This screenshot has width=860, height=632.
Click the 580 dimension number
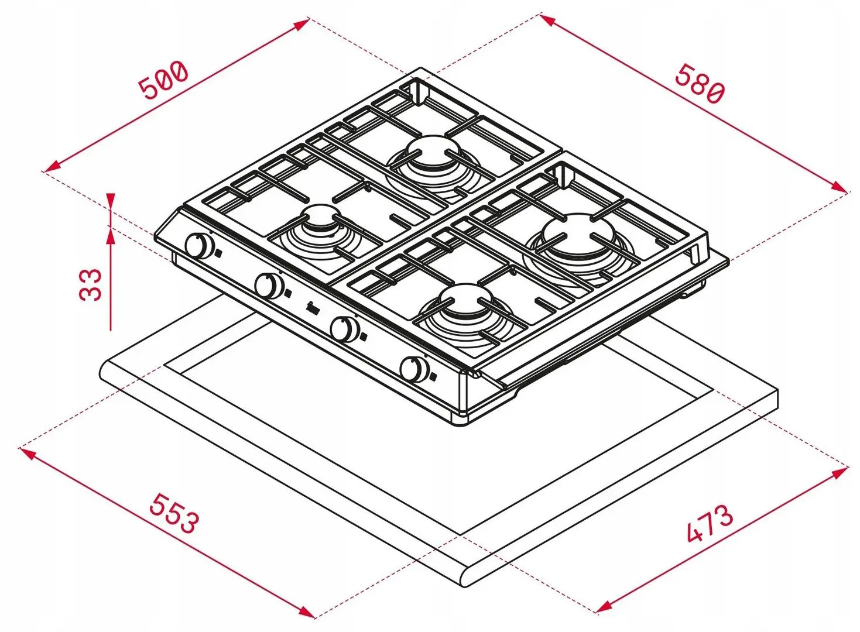click(700, 90)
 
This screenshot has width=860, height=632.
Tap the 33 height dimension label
click(91, 284)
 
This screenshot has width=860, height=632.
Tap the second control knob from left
click(269, 285)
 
